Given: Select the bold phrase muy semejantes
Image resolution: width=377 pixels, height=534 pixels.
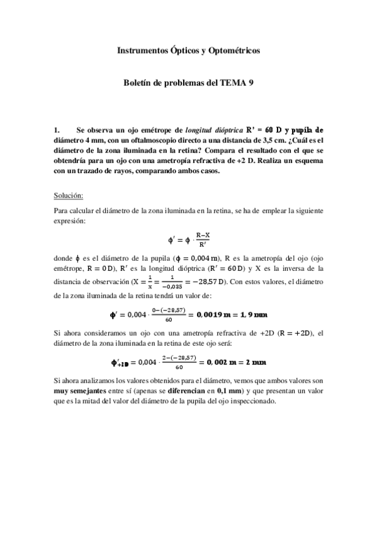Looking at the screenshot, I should coord(80,391).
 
